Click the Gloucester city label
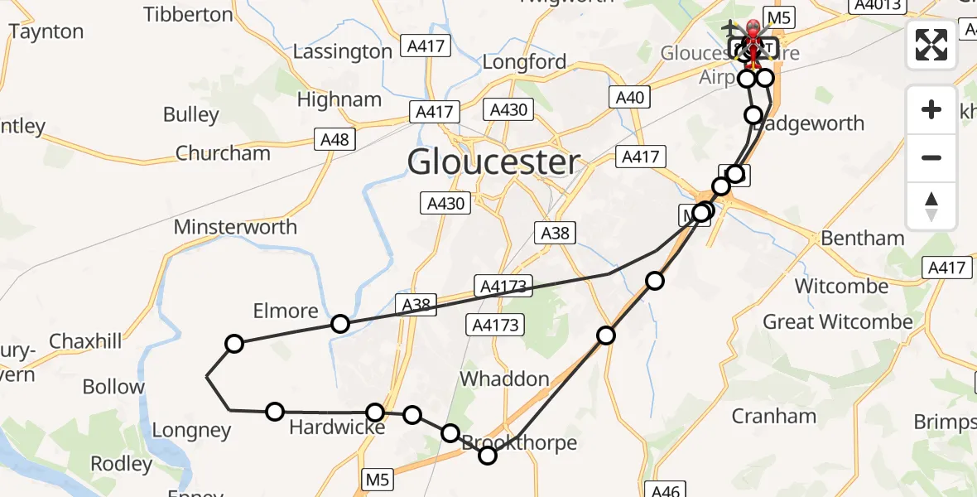pos(493,162)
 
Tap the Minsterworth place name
pos(235,226)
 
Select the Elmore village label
pos(286,311)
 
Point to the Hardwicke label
pos(337,427)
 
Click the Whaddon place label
pos(504,379)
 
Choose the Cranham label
pos(773,416)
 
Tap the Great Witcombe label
pos(838,321)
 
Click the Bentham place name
pos(862,239)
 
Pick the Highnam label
pos(339,100)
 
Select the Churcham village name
pos(223,153)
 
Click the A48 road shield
pos(334,140)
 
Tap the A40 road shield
pos(629,98)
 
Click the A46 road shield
pos(666,490)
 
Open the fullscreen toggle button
pos(931,45)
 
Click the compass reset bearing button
pos(931,206)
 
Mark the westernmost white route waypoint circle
pos(234,344)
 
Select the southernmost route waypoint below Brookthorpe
pos(488,455)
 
